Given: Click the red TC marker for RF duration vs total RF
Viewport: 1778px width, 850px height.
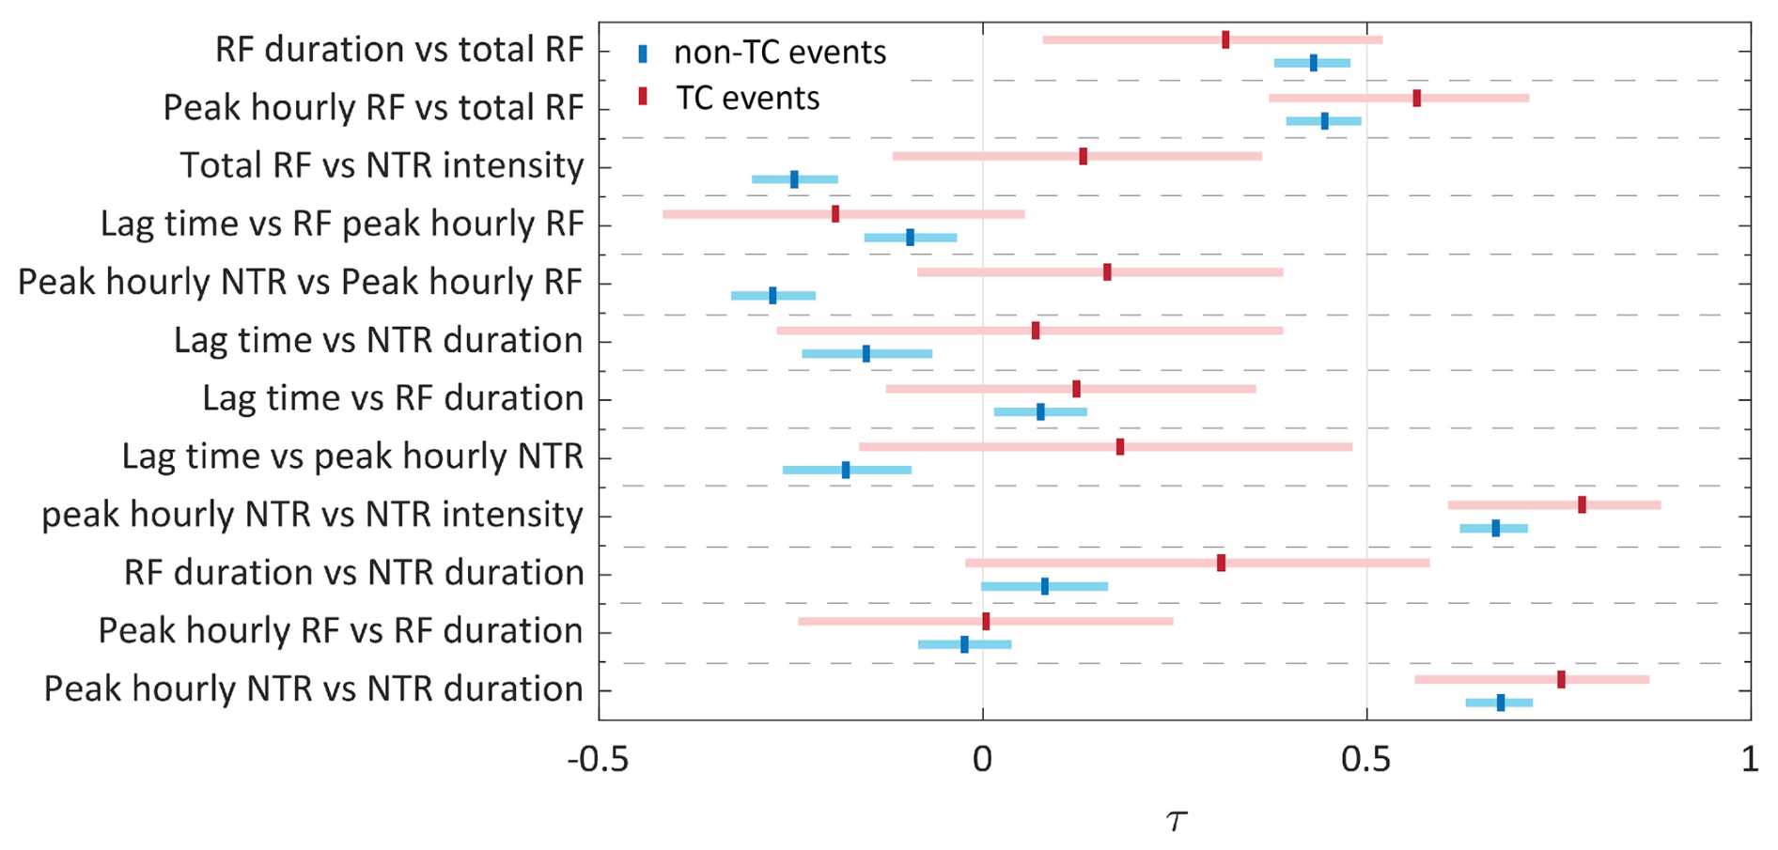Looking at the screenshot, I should (x=1225, y=39).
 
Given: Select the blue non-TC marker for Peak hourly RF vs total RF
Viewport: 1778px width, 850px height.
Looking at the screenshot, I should (x=1325, y=121).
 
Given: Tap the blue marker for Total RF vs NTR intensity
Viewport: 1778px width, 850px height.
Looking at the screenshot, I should (x=794, y=179).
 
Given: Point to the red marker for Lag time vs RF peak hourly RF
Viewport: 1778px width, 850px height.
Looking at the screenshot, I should (x=835, y=214).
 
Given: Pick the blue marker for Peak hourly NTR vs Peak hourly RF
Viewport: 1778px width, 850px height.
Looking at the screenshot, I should (x=772, y=295).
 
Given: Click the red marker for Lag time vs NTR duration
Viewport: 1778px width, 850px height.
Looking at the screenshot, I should (x=1036, y=331).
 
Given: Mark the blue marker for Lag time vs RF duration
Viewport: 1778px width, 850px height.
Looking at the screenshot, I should (x=1040, y=411).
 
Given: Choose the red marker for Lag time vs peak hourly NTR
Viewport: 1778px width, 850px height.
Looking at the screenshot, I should (x=1120, y=447).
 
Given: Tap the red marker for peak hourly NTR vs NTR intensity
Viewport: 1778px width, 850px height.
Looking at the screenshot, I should (x=1582, y=505).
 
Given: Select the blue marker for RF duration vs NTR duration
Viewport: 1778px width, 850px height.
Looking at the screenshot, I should (x=1045, y=586).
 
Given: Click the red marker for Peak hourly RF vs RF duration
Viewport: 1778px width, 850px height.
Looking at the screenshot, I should (x=986, y=621).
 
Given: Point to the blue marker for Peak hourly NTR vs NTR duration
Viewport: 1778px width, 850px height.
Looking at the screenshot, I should (x=1501, y=703).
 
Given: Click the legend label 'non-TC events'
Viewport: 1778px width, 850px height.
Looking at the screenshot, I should (x=780, y=53).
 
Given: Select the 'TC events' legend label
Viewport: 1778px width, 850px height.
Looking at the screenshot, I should (x=748, y=99).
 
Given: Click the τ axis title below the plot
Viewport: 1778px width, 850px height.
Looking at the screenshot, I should (x=1176, y=820).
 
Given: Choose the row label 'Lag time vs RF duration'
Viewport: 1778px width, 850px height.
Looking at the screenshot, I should (x=393, y=398).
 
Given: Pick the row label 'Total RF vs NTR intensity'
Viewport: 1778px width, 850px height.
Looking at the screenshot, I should (x=382, y=166).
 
